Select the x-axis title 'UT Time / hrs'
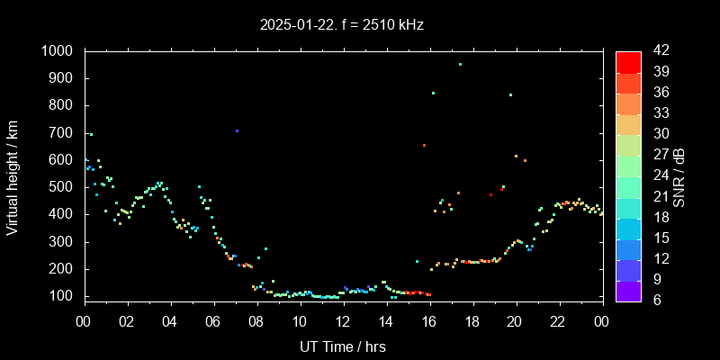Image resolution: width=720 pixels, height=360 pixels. tap(343, 346)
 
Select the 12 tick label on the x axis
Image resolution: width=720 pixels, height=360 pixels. tap(343, 322)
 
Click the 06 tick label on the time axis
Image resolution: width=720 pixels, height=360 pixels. tap(213, 322)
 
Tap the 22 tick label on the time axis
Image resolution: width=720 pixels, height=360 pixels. tap(559, 322)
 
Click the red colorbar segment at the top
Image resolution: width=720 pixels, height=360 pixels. tap(628, 61)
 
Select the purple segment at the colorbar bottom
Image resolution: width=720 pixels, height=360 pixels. tap(628, 291)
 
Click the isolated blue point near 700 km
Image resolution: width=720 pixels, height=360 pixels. tap(237, 131)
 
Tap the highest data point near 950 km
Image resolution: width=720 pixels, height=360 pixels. tap(460, 65)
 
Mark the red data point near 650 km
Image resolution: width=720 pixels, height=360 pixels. tap(424, 145)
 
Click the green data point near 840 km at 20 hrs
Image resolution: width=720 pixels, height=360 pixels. tap(510, 94)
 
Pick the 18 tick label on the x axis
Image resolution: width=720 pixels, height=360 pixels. tap(472, 322)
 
